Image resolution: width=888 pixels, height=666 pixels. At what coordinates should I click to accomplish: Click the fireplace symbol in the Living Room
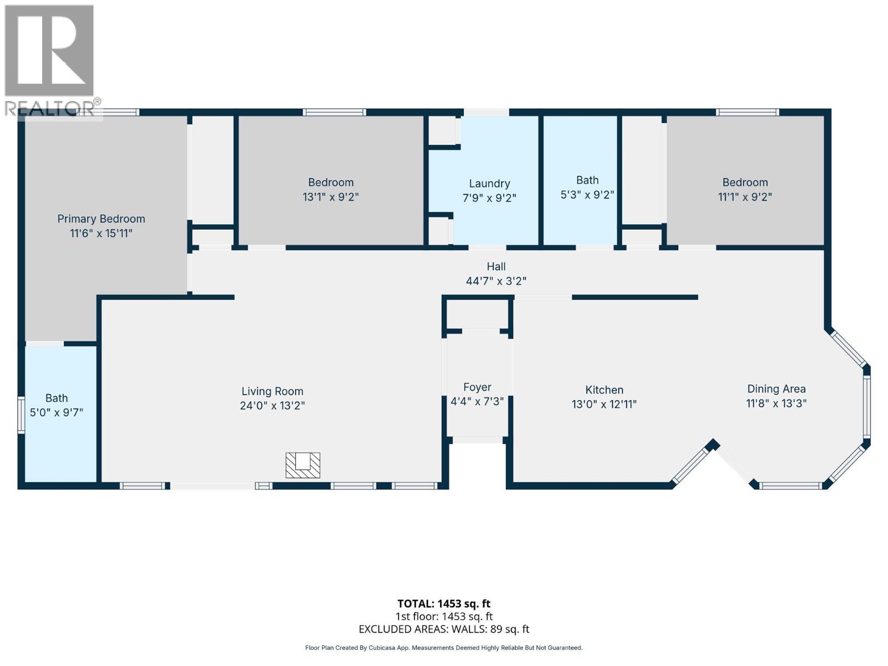[302, 465]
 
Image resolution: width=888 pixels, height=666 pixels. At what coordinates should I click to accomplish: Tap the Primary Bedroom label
[101, 219]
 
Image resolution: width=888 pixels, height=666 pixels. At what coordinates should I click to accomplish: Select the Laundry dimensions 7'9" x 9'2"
[489, 198]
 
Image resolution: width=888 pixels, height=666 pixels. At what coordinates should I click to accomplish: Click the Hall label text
[496, 266]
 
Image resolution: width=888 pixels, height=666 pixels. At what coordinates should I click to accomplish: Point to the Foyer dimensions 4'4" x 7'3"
[477, 401]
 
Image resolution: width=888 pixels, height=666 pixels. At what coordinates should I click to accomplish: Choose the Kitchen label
[604, 390]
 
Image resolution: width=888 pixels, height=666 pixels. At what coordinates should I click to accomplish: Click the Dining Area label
[776, 389]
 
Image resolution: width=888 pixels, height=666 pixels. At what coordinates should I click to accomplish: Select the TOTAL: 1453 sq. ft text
[443, 603]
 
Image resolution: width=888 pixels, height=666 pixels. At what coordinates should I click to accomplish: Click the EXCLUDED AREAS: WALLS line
[443, 629]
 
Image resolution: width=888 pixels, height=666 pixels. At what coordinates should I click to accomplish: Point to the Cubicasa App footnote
[443, 648]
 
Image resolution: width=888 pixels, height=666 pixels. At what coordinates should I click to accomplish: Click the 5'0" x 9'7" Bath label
[56, 406]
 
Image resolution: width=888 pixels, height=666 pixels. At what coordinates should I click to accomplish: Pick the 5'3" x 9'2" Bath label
[587, 188]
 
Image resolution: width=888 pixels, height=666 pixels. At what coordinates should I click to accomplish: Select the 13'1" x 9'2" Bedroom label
[330, 190]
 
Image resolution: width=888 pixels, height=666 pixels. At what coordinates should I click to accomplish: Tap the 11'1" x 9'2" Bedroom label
[745, 190]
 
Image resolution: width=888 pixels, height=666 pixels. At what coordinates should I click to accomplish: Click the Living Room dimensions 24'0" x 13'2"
[272, 406]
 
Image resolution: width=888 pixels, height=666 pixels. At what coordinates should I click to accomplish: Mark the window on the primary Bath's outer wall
[21, 414]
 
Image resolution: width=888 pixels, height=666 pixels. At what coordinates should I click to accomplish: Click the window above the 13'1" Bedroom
[334, 112]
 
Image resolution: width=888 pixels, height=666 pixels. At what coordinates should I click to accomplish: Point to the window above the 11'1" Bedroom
[747, 112]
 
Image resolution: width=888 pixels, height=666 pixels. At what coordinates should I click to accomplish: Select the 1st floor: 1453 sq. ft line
[443, 616]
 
